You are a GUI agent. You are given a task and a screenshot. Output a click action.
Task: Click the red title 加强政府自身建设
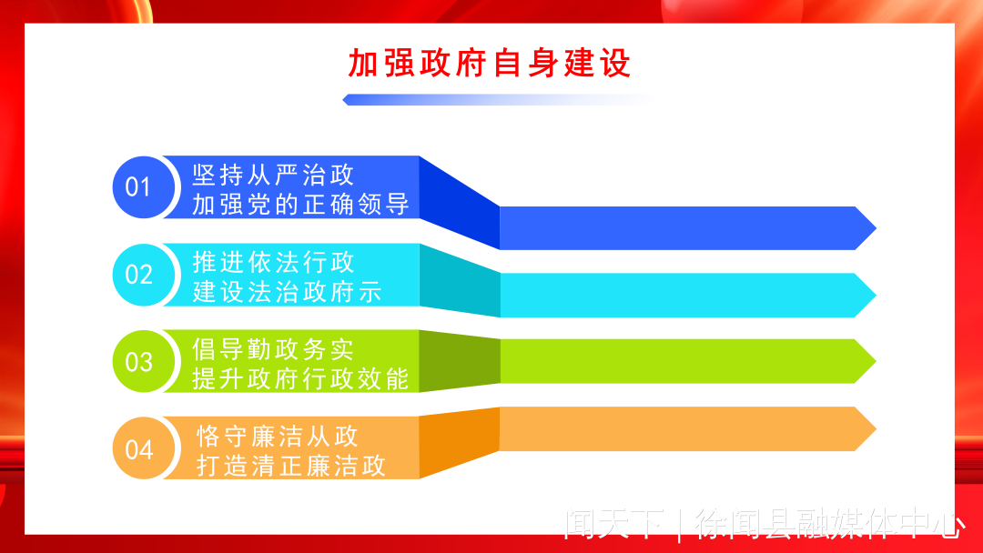click(x=489, y=64)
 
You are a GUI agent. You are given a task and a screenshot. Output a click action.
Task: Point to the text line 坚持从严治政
click(x=273, y=175)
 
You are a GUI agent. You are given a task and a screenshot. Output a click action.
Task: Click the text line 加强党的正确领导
click(x=301, y=204)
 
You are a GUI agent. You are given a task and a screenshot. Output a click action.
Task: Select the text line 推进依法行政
click(x=273, y=263)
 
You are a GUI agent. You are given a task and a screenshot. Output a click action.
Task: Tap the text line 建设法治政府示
click(x=287, y=292)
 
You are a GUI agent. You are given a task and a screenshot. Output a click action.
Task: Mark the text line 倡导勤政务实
click(x=273, y=349)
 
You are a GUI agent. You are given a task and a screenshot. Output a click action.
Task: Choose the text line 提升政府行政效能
click(x=301, y=379)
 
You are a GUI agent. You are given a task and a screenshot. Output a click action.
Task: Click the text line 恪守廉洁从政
click(x=278, y=437)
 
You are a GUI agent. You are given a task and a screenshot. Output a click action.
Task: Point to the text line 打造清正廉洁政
click(x=291, y=466)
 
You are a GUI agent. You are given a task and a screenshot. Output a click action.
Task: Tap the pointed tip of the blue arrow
click(x=876, y=228)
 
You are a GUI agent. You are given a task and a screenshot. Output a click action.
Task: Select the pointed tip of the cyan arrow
click(x=876, y=295)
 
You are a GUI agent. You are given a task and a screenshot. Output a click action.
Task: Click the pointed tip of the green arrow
click(x=876, y=361)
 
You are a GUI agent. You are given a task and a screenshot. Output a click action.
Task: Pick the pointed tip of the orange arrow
click(x=876, y=429)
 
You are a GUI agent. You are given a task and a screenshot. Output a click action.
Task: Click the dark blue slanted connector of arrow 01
click(x=460, y=202)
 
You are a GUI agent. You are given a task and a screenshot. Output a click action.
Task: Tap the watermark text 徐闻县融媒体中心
click(x=831, y=525)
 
